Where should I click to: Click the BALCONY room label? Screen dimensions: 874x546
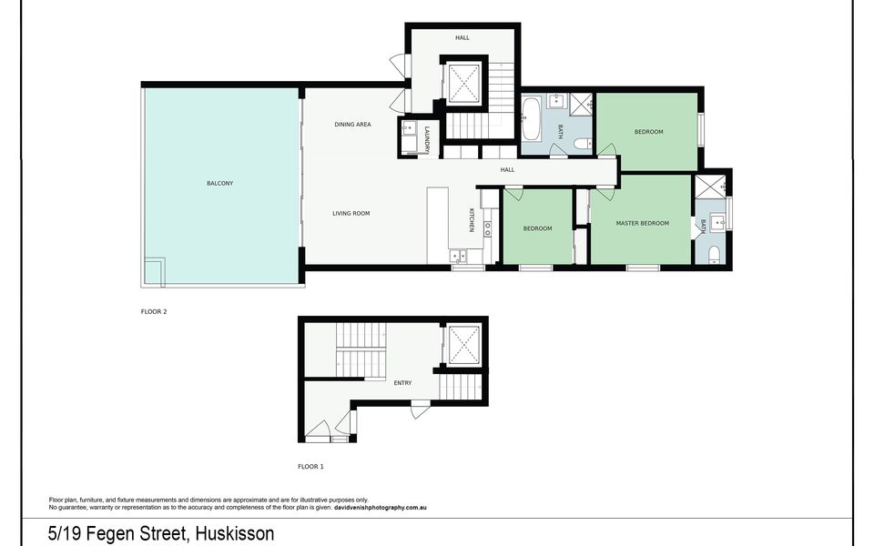tap(219, 183)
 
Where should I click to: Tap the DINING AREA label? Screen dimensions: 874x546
tap(353, 125)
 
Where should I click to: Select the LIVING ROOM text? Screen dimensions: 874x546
tap(351, 213)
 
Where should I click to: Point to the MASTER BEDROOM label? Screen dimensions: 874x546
tap(642, 224)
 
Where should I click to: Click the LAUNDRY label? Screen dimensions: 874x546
tap(427, 140)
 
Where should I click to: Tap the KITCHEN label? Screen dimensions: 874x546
tap(472, 220)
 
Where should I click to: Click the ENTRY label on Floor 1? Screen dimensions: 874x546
tap(402, 383)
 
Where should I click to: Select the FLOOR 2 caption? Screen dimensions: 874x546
tap(154, 312)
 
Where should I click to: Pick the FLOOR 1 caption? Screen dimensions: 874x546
tap(310, 467)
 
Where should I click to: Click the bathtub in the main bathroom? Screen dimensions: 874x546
tap(531, 118)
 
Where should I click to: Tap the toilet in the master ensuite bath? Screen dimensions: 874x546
tap(714, 255)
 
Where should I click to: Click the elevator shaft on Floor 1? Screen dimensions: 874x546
tap(463, 344)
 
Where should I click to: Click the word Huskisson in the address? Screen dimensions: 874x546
tap(235, 533)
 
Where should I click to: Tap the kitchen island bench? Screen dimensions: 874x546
tap(438, 226)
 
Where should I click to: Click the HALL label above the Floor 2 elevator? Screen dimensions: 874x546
tap(462, 38)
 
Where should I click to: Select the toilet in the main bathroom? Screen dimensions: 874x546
tap(584, 144)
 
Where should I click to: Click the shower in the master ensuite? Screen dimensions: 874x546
tap(710, 186)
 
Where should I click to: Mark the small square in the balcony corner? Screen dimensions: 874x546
tap(155, 272)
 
